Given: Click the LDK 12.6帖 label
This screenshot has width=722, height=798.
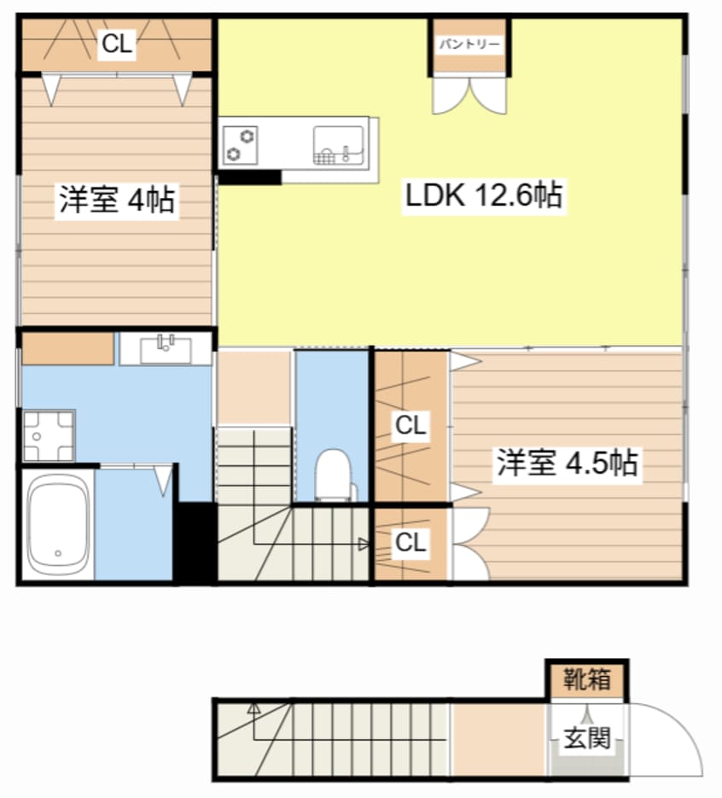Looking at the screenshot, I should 482,197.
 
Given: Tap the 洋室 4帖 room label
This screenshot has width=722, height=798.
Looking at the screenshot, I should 117,201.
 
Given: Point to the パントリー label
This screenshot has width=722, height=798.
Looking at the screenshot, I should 469,44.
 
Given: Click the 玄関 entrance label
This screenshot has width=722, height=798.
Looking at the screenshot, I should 586,738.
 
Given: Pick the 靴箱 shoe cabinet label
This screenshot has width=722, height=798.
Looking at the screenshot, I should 587,680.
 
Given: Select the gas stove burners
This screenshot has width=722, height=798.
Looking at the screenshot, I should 241,144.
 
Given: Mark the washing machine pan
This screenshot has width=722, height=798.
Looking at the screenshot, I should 48,435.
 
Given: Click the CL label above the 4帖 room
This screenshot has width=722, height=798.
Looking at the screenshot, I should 117,45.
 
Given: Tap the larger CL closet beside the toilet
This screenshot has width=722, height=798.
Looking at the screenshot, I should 411,425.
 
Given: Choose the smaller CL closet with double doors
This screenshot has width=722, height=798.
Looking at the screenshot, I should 410,543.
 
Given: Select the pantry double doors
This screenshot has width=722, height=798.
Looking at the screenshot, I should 469,95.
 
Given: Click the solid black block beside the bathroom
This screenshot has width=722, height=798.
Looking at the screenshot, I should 195,541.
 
